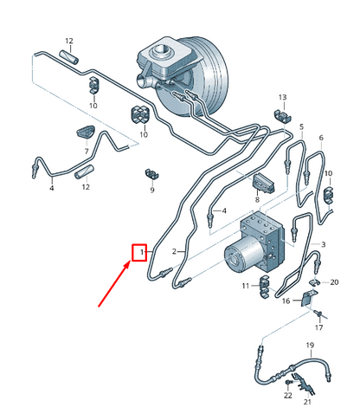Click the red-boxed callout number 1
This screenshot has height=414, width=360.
(x=142, y=252)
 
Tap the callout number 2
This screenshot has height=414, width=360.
(x=174, y=251)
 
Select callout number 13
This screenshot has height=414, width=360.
(x=282, y=97)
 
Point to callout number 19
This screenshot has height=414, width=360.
(x=310, y=345)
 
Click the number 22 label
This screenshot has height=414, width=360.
(x=288, y=395)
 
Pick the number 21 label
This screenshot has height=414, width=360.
(x=307, y=402)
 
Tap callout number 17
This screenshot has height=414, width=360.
(x=318, y=327)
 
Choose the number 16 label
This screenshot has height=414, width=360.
(x=286, y=301)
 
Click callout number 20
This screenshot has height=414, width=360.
(x=334, y=282)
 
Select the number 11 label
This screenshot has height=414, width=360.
(x=246, y=286)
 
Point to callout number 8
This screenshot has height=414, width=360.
(x=257, y=199)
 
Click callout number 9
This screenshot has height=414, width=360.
(x=152, y=190)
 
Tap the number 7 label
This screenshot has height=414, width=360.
(x=87, y=151)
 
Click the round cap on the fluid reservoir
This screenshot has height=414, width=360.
(x=159, y=51)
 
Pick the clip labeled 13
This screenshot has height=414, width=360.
(x=282, y=116)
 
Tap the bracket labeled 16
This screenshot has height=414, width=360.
(x=309, y=298)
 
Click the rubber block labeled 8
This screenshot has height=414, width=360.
(x=263, y=184)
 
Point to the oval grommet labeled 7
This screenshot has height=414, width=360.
(x=86, y=132)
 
